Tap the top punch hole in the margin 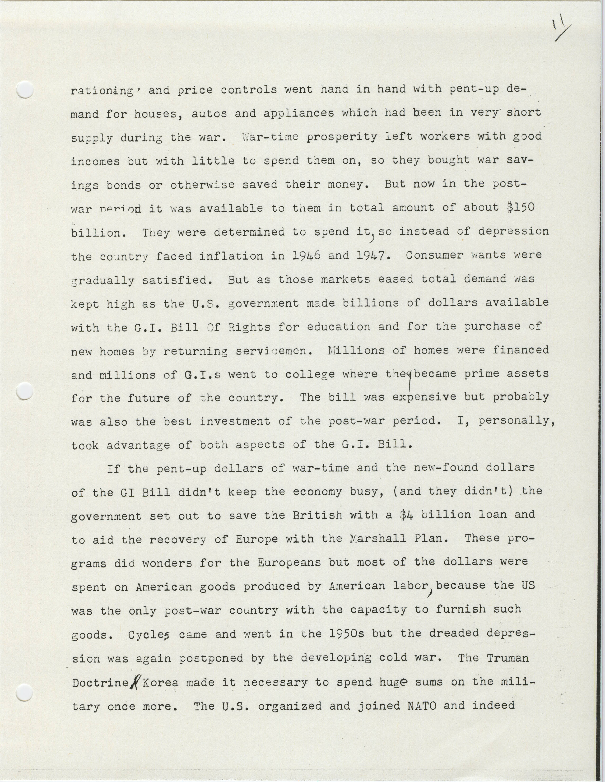pos(25,89)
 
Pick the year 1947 pos(371,256)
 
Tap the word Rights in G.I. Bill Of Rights pos(250,327)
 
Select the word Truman pos(508,657)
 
